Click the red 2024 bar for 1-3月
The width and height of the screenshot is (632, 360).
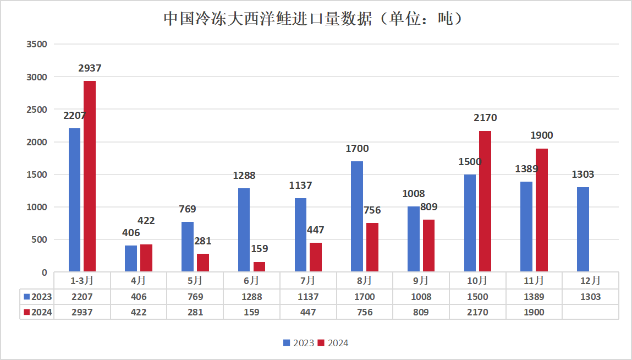click(x=90, y=176)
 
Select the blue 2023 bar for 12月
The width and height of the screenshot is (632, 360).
click(x=583, y=230)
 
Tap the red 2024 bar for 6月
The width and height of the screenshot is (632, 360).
click(x=259, y=266)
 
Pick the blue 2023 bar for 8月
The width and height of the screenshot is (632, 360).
click(x=357, y=216)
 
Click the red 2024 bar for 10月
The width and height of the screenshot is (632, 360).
click(x=485, y=201)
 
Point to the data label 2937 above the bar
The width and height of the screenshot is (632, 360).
click(x=90, y=68)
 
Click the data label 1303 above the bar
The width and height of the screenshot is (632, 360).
click(x=583, y=174)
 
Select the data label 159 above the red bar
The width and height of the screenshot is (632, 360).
click(x=259, y=249)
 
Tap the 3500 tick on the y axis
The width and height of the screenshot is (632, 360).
click(x=37, y=45)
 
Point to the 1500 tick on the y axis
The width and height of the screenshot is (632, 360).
click(x=37, y=174)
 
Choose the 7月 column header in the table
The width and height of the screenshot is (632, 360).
click(x=308, y=280)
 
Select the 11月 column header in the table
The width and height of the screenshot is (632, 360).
click(x=534, y=280)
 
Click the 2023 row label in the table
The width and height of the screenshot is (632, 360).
click(x=38, y=297)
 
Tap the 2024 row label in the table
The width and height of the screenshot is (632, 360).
click(x=38, y=312)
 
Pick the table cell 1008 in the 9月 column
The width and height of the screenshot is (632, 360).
click(x=421, y=297)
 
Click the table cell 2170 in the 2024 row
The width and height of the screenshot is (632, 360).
click(x=477, y=312)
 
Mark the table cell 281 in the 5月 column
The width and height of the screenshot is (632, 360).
click(x=195, y=312)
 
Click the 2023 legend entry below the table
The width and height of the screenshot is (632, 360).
click(x=299, y=343)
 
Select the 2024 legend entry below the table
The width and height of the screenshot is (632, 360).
click(x=333, y=343)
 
